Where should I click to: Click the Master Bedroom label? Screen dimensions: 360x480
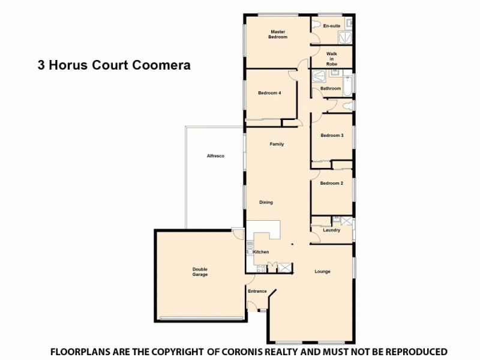[278, 34]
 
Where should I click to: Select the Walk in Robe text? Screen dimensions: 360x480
[332, 58]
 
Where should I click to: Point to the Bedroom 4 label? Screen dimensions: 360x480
[269, 93]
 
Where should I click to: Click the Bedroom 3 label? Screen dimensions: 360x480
[332, 136]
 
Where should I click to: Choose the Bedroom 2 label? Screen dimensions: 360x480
[331, 183]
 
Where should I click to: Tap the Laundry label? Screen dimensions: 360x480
[331, 230]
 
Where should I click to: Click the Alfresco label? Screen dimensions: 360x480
[215, 156]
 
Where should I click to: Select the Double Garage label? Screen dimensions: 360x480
[200, 272]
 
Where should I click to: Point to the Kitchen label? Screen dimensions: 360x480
[261, 252]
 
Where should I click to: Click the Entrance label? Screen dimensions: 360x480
[257, 292]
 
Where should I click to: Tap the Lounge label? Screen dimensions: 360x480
[322, 272]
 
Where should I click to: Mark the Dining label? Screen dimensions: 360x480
[266, 202]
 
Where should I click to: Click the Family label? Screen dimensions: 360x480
[277, 144]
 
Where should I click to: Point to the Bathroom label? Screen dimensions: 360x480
[331, 89]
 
